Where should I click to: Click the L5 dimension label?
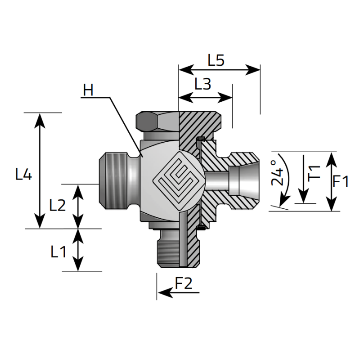tap(216, 60)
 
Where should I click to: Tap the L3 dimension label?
tap(202, 84)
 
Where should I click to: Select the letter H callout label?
tap(88, 90)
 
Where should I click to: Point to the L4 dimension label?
tap(23, 174)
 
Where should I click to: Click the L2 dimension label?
tap(58, 205)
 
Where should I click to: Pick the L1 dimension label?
tap(58, 252)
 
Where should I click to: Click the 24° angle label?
tap(277, 173)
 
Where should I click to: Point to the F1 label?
tap(341, 181)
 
